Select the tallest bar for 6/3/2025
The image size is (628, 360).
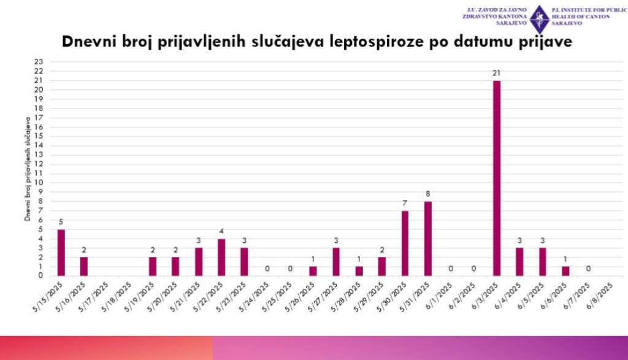pyautogui.click(x=496, y=178)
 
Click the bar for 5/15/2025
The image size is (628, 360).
pyautogui.click(x=61, y=253)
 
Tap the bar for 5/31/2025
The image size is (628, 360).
pyautogui.click(x=427, y=239)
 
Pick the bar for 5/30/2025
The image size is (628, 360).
pyautogui.click(x=405, y=243)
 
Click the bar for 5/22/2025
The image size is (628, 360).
pyautogui.click(x=221, y=257)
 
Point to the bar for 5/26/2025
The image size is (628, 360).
pyautogui.click(x=313, y=271)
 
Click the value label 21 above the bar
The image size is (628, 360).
pyautogui.click(x=496, y=74)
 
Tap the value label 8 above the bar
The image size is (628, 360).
pyautogui.click(x=427, y=194)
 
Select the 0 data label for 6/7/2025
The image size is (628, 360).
pyautogui.click(x=588, y=269)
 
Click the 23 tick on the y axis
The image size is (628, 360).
pyautogui.click(x=38, y=62)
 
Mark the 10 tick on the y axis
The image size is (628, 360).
pyautogui.click(x=38, y=183)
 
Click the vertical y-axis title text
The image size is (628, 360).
pyautogui.click(x=28, y=169)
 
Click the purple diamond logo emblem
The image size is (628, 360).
pyautogui.click(x=539, y=19)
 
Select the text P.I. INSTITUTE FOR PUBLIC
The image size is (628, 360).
pyautogui.click(x=589, y=10)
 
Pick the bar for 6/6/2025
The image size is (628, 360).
pyautogui.click(x=565, y=271)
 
